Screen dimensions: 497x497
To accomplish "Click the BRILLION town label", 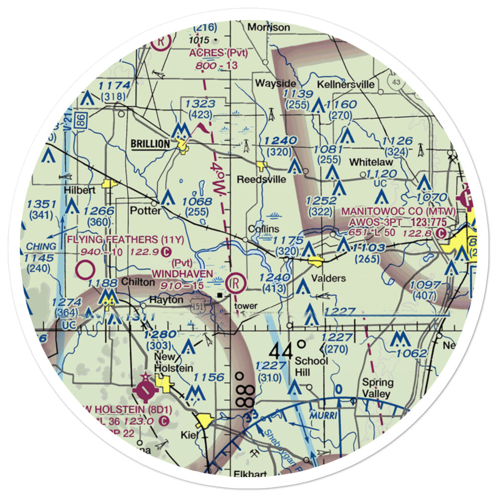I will coord(150,144).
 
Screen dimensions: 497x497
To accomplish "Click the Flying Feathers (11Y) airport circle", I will coord(86,270).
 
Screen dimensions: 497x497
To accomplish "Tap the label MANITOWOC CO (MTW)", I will coord(398,211).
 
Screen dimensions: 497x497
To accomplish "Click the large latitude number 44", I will coord(281,351).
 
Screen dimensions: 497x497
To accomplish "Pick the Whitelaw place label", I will coord(370,162).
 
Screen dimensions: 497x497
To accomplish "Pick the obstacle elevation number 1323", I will coord(199,103).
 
